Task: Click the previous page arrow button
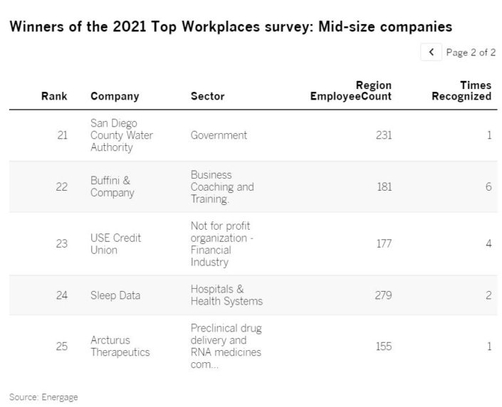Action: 431,52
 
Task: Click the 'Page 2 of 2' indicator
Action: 471,52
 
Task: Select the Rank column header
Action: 54,96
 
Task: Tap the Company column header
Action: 115,96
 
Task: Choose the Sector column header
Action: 207,96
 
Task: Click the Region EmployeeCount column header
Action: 351,91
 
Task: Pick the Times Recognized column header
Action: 461,91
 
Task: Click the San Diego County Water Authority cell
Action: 121,135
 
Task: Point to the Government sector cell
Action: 219,135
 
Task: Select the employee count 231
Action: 384,135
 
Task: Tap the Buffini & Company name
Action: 112,186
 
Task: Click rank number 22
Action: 61,186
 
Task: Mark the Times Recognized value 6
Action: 488,186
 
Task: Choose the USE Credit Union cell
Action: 115,243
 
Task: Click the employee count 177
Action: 384,243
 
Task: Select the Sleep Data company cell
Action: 115,295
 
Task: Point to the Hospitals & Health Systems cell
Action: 226,295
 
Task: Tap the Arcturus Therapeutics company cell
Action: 120,346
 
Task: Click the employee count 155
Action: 384,346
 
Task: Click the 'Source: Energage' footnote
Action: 43,397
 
